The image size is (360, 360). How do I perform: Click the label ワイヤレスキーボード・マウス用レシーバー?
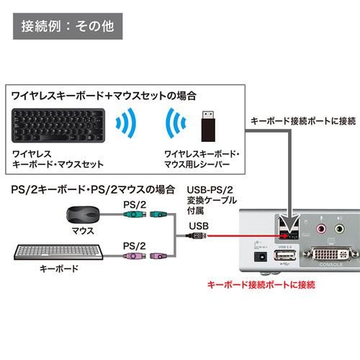coord(204,159)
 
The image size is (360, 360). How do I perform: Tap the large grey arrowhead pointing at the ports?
coord(289,224)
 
